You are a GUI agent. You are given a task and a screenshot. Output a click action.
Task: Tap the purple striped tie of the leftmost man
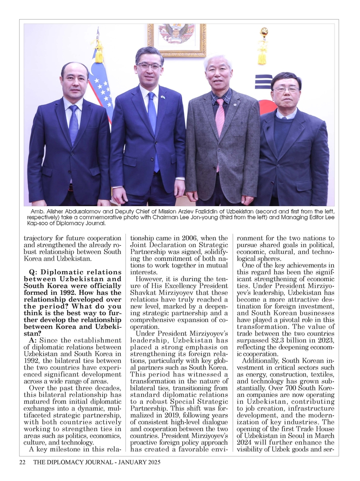[x=73, y=124]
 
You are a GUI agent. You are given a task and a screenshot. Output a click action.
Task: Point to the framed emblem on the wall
[x=176, y=39]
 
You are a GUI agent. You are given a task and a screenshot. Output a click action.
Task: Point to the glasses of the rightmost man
[x=286, y=89]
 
